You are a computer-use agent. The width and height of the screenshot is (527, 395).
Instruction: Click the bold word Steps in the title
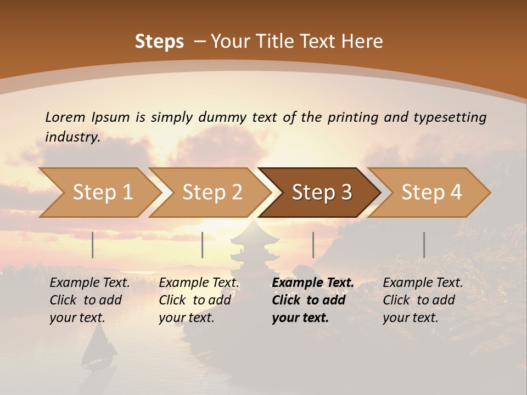point(159,42)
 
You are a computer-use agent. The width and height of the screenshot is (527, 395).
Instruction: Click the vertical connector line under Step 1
point(93,245)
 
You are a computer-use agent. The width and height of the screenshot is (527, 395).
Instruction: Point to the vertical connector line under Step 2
point(203,245)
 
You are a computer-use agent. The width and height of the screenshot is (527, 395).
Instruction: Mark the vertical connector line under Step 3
point(313,245)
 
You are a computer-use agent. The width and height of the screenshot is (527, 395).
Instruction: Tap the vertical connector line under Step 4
point(424,245)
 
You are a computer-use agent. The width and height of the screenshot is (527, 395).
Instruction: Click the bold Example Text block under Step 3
point(313,300)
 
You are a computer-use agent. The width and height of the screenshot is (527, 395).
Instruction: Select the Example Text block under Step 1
point(90,300)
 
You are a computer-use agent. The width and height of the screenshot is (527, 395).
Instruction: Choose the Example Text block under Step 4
point(423,300)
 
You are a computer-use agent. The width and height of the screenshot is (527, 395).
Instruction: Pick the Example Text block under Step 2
point(199,300)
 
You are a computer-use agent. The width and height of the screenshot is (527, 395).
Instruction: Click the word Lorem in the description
point(65,117)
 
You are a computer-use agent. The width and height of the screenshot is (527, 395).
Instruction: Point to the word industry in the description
point(72,137)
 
